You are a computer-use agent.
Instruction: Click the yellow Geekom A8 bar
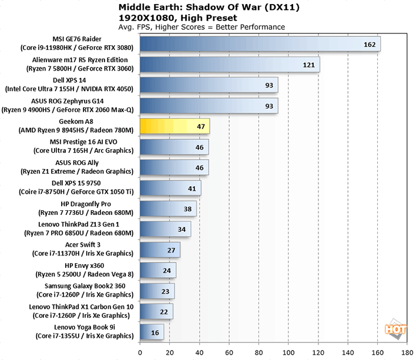click(x=175, y=126)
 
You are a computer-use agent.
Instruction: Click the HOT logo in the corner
click(x=397, y=330)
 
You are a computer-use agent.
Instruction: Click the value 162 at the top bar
click(x=370, y=44)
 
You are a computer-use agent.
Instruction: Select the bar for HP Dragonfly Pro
click(x=168, y=208)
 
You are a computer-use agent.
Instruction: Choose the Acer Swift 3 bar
click(x=160, y=250)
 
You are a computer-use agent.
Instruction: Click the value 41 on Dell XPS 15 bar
click(x=192, y=188)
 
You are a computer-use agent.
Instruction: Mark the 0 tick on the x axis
click(x=140, y=352)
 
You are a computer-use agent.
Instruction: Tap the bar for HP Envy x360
click(x=157, y=270)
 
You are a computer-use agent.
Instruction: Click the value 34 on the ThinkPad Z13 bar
click(x=182, y=229)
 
